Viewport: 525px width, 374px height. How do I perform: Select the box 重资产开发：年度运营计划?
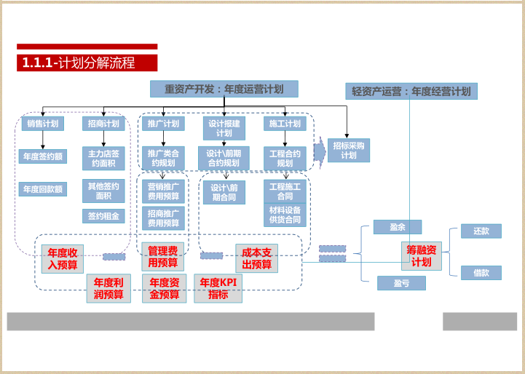click(x=224, y=89)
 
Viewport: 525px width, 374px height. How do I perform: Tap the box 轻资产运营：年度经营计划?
click(x=411, y=91)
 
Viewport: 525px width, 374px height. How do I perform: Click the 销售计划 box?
click(x=42, y=124)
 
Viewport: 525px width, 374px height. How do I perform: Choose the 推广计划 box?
click(x=162, y=124)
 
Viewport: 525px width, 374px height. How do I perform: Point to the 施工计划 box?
click(x=284, y=124)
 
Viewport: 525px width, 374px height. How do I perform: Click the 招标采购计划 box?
click(x=349, y=150)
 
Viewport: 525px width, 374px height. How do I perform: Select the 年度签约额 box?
click(x=42, y=156)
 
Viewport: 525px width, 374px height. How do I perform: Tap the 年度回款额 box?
click(x=42, y=189)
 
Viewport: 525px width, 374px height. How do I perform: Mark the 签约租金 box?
click(x=103, y=216)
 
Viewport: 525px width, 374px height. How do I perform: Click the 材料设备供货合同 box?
click(x=284, y=215)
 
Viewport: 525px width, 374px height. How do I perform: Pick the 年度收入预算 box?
click(x=63, y=259)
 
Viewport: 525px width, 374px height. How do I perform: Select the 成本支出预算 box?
click(x=256, y=258)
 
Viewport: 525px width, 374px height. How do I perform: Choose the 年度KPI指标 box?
click(x=218, y=289)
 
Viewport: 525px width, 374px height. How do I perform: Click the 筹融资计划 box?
click(x=422, y=256)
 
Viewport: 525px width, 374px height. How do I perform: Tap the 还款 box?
click(x=481, y=231)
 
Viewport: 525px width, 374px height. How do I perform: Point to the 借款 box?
click(x=481, y=273)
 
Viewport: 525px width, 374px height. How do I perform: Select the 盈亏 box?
click(x=400, y=283)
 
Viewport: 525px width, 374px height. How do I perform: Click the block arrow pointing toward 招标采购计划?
click(x=320, y=151)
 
